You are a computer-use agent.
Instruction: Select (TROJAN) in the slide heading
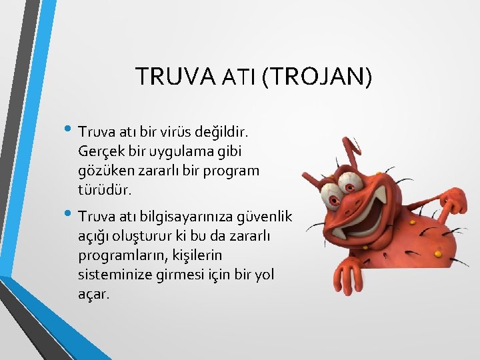coord(317,77)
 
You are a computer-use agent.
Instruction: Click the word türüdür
coord(105,190)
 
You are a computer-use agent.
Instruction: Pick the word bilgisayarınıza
coord(181,217)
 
